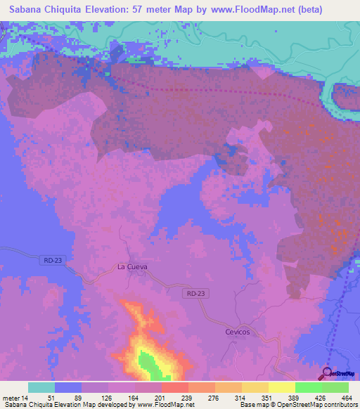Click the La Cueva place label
click(x=131, y=267)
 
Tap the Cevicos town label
click(x=238, y=332)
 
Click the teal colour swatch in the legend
click(x=41, y=387)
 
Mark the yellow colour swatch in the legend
click(x=281, y=387)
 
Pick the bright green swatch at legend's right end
click(x=335, y=387)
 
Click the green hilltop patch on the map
click(x=147, y=361)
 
